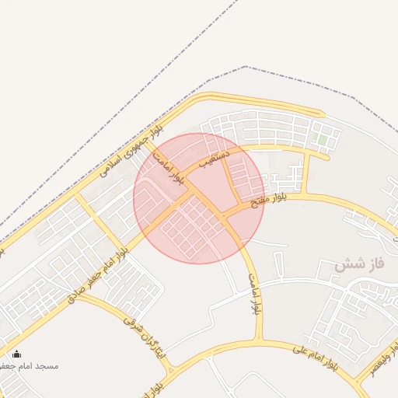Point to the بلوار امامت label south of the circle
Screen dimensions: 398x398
point(253,293)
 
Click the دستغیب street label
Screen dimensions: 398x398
point(215,159)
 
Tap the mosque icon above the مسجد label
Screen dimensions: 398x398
point(17,354)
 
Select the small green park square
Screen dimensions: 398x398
point(321,141)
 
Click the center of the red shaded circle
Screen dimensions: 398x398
point(199,198)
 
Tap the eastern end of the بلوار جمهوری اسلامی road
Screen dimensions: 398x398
point(320,113)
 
